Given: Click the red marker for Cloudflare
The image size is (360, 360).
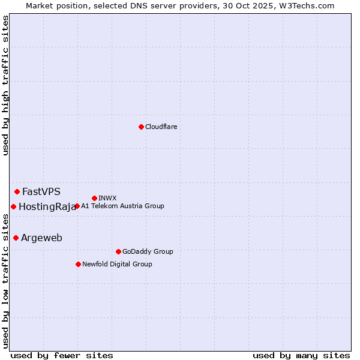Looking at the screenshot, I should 141,127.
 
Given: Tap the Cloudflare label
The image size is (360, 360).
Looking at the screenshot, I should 161,127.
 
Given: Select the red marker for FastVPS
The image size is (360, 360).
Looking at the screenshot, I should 17,192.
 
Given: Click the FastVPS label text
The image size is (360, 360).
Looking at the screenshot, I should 41,192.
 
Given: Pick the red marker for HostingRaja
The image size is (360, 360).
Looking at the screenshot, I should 13,207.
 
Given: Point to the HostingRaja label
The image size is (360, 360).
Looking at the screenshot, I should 47,207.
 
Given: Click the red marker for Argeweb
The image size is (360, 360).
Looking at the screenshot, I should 16,238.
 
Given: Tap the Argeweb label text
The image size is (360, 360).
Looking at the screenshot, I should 41,238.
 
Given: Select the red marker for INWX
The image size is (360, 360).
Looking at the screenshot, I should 94,198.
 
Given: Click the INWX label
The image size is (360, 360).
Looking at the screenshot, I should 107,198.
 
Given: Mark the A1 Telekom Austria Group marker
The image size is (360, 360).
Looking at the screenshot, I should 77,206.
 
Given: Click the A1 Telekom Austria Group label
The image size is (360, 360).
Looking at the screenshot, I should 122,206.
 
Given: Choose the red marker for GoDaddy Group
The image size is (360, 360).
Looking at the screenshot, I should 118,251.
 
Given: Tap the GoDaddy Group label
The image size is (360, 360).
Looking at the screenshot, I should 148,251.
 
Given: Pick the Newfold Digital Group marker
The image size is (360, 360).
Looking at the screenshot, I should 78,264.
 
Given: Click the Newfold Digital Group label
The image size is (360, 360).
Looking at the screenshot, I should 117,264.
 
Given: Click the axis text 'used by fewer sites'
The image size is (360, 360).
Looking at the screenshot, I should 62,356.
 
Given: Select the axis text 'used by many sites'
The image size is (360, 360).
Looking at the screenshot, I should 301,356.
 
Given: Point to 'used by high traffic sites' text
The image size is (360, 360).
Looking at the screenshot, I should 5,85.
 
